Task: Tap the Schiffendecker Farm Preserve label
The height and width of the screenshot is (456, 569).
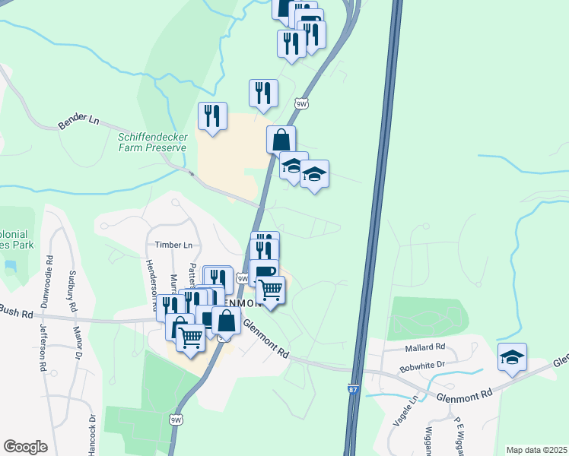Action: pos(152,142)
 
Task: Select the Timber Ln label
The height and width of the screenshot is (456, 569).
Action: pos(174,245)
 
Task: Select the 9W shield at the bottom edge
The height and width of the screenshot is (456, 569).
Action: pos(176,419)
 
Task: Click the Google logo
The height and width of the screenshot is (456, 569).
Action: pos(25,447)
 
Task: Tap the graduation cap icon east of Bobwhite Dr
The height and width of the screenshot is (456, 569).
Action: pos(513,357)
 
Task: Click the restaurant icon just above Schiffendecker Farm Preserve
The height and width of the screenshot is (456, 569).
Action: pos(212,116)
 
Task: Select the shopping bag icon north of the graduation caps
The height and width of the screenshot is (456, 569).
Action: pos(281,140)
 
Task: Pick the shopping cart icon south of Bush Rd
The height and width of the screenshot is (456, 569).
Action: pos(190,337)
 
